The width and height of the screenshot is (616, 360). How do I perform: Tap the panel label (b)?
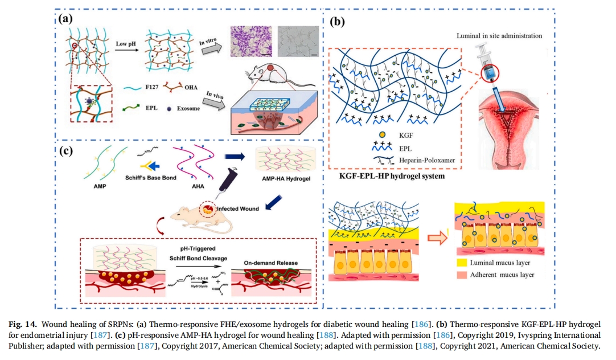point(337,23)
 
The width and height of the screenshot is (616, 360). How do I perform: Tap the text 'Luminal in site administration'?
point(499,35)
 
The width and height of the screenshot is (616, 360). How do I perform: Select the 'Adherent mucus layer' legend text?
point(502,275)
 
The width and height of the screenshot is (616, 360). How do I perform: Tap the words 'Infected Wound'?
point(239,209)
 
